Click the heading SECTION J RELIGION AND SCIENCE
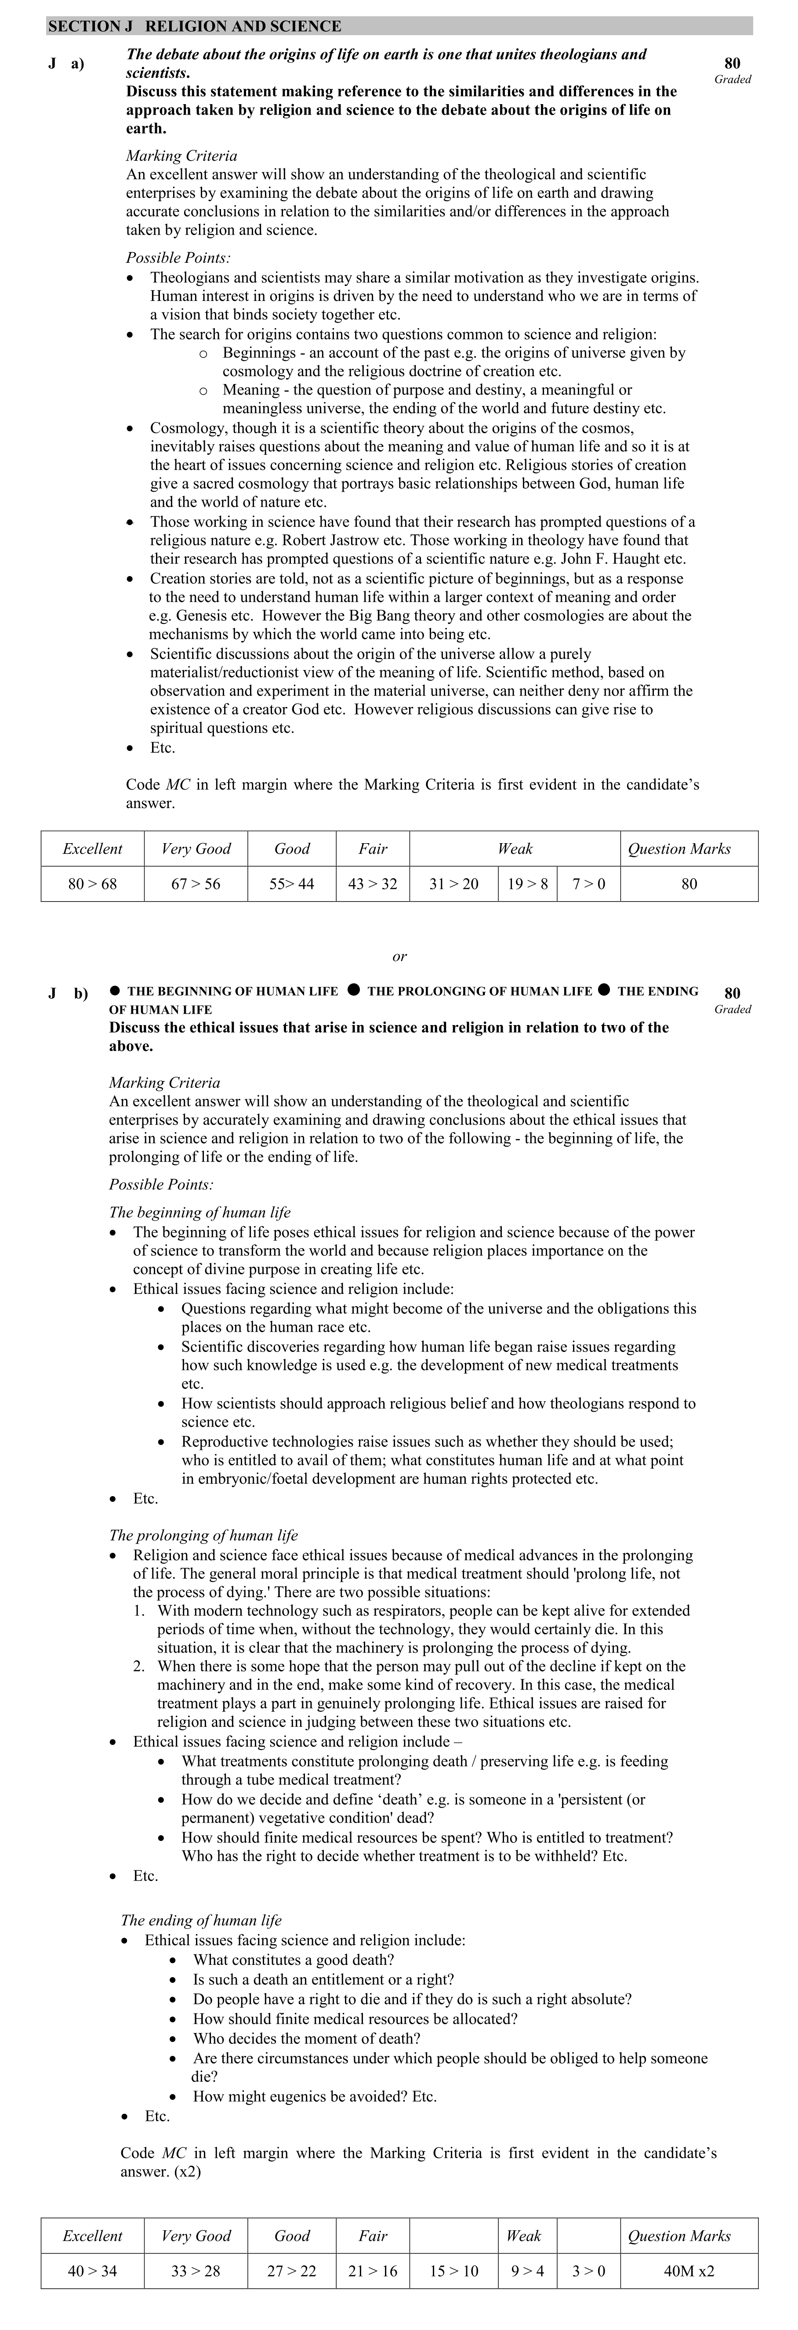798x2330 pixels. pos(195,26)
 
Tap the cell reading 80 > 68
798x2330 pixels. pos(92,884)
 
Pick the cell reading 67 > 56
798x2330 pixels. pos(196,884)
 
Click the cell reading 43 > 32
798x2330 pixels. pos(373,884)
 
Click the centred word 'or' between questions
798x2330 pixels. pos(399,956)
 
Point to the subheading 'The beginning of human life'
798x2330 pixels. pos(200,1212)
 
